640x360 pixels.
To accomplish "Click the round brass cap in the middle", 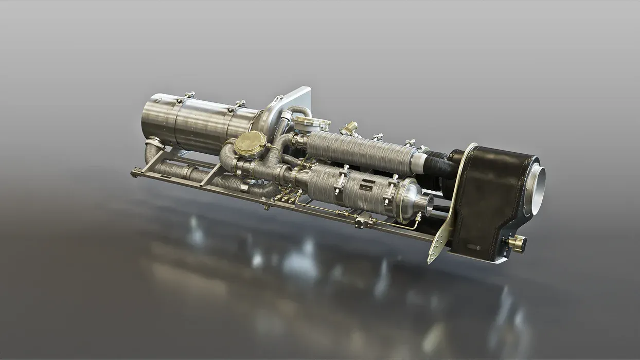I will [x=250, y=143].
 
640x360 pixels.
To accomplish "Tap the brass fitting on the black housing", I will [x=518, y=243].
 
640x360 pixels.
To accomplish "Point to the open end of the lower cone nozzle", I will [x=426, y=204].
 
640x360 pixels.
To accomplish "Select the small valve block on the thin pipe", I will [x=363, y=222].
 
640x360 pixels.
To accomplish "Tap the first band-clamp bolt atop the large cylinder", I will [x=189, y=95].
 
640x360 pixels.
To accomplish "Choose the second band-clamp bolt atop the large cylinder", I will [x=238, y=104].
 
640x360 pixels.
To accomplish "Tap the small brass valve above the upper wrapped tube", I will [x=350, y=128].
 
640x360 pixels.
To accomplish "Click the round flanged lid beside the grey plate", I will [x=310, y=123].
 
